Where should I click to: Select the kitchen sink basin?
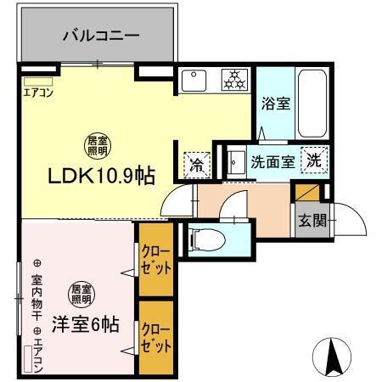tap(194, 81)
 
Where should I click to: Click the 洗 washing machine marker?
tap(313, 159)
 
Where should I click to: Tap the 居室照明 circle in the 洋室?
tap(82, 293)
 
